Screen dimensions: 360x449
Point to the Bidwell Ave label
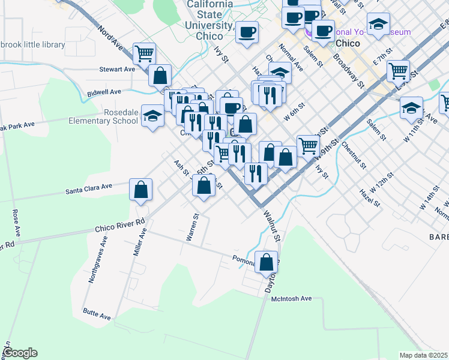(104, 92)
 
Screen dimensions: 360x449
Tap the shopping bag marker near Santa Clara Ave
(140, 191)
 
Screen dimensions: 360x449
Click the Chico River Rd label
(120, 225)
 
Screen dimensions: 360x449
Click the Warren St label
(192, 227)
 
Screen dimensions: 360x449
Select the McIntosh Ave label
(292, 298)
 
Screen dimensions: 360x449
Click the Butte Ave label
(97, 315)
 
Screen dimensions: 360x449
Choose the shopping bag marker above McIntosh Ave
(266, 262)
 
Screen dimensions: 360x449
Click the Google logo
(19, 353)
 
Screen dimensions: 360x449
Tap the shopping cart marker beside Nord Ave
(144, 54)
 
